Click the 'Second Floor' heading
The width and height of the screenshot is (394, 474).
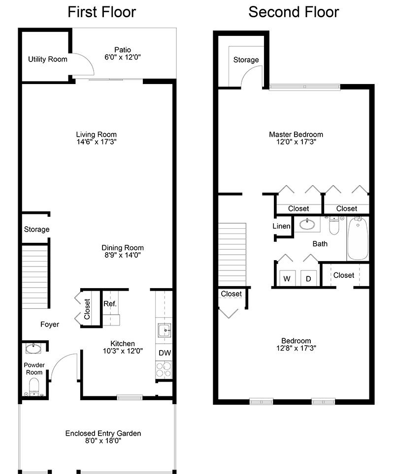coord(294,11)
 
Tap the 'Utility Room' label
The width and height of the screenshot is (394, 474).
coord(47,59)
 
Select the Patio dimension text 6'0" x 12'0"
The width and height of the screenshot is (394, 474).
coord(123,58)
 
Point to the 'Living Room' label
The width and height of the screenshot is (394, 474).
coord(96,134)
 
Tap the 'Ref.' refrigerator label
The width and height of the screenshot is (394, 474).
coord(110,304)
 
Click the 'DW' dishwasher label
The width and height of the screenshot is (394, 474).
coord(164,353)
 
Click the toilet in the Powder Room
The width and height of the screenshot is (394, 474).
coord(34,385)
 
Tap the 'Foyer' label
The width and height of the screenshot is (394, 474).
coord(50,325)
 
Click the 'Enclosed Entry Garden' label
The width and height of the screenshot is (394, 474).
coord(103,433)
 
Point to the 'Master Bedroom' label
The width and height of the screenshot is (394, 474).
coord(296,134)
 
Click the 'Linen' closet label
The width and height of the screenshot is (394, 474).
coord(282,227)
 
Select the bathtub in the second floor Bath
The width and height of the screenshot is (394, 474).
coord(358,239)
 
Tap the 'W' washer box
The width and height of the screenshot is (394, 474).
coord(287,279)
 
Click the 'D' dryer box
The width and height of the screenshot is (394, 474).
coord(309,279)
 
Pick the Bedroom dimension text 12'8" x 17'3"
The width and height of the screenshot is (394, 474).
coord(296,348)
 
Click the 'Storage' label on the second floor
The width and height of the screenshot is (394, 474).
coord(246,59)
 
